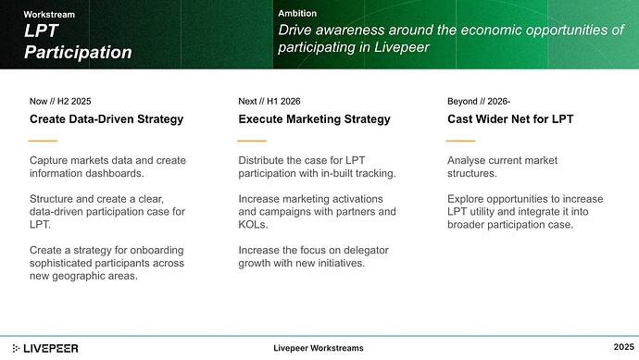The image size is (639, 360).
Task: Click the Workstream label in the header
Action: [x=49, y=15]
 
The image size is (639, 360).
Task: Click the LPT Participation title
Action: [x=77, y=43]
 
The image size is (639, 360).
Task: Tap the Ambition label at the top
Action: [x=297, y=13]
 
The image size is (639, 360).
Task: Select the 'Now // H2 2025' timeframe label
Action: [x=60, y=100]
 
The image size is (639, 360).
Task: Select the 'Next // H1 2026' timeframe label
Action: [x=269, y=100]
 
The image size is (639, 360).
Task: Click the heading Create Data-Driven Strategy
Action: [x=106, y=119]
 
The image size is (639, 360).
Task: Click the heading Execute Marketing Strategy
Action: [x=314, y=119]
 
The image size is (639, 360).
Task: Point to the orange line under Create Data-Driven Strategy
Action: [x=44, y=141]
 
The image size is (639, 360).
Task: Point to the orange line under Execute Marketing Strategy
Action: [x=252, y=141]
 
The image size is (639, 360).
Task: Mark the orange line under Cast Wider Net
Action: [x=460, y=141]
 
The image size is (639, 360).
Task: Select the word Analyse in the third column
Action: [x=469, y=161]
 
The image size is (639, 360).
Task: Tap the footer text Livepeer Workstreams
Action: [x=319, y=348]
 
